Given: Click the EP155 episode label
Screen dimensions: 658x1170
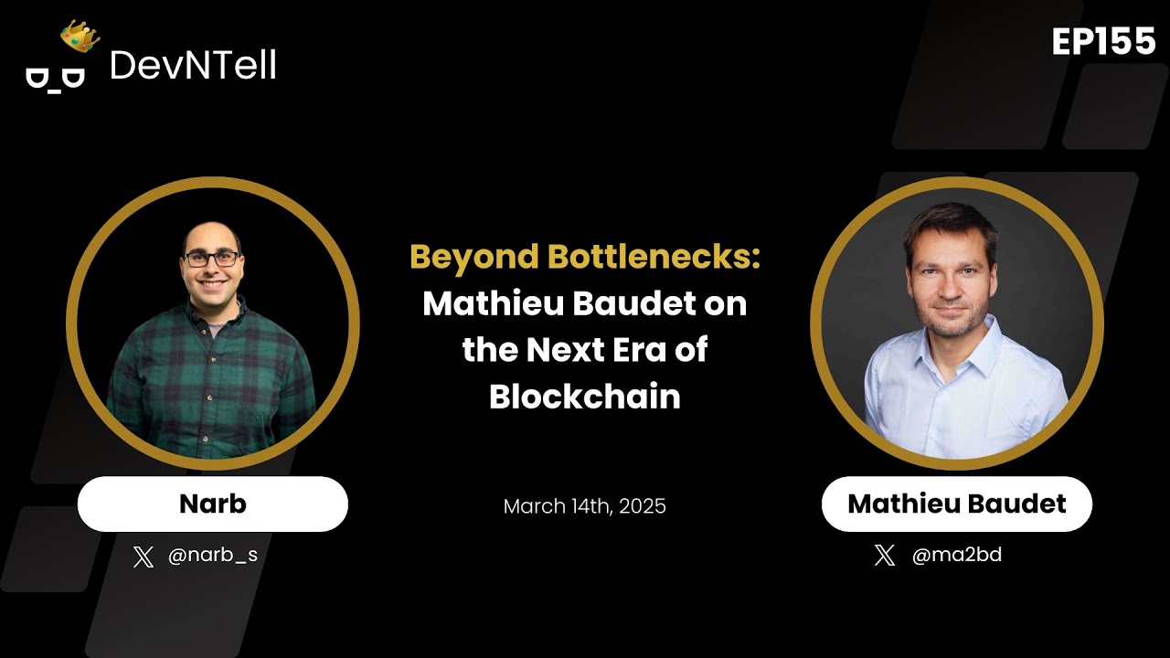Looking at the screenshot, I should (1103, 41).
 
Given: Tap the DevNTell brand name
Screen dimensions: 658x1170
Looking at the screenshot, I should (193, 65).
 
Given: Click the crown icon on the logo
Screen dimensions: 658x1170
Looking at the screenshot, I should (80, 36).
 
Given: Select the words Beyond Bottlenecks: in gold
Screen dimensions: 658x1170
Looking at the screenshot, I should (585, 257).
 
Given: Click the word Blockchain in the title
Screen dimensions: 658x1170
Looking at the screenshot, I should (585, 397).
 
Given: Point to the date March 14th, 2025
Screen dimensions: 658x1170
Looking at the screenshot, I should (585, 505).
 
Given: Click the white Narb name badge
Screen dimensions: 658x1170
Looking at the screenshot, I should (213, 504).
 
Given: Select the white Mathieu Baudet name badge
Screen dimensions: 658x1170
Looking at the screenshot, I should (957, 504).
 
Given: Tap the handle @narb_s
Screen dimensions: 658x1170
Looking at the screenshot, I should (213, 555).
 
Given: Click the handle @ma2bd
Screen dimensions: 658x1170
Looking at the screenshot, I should (957, 555).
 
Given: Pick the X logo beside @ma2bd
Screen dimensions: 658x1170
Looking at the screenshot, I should (885, 555).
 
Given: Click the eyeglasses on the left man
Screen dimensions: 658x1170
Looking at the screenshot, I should (212, 259).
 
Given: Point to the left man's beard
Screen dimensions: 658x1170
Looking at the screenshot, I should (212, 291).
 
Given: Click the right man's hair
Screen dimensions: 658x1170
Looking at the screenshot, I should (951, 224).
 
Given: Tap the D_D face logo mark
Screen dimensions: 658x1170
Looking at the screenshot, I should (55, 78).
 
